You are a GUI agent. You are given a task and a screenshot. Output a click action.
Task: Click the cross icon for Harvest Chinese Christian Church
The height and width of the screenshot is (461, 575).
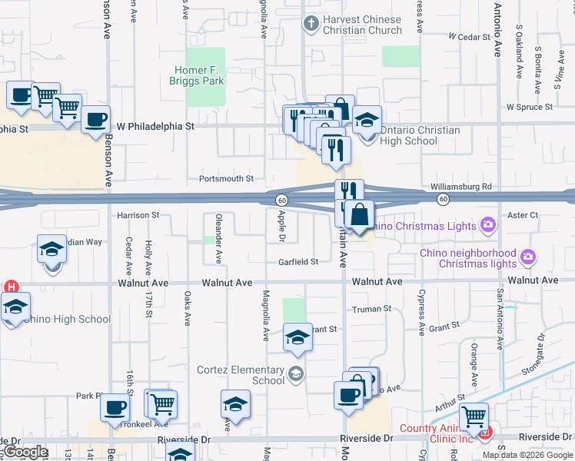point(311,24)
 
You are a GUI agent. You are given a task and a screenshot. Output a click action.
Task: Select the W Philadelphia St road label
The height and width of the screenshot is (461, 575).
point(155,125)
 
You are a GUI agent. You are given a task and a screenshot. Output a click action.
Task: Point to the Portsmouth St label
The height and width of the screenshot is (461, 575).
point(226,178)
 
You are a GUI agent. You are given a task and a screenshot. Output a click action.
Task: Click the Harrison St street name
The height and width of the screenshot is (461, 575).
point(138,215)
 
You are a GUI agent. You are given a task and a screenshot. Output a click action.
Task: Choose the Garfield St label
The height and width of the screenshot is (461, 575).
point(298,262)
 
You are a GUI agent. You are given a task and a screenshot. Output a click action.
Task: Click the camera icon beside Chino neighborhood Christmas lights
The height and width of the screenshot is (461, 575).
point(527,256)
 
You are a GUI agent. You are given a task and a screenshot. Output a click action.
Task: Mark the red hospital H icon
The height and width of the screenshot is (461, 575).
point(11,287)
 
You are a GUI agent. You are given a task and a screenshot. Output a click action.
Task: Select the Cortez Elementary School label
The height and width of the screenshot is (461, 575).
point(241,375)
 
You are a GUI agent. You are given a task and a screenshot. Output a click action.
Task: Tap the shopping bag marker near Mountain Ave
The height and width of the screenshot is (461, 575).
point(359,216)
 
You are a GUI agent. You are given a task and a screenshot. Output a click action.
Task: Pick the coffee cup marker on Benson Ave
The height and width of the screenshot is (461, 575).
point(96,120)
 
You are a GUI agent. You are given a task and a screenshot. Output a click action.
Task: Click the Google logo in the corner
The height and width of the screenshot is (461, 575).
point(25,452)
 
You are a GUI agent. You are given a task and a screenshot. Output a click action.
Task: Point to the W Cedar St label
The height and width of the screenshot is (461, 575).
point(470,36)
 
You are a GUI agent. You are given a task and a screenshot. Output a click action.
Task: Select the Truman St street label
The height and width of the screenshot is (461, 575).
point(372,309)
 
